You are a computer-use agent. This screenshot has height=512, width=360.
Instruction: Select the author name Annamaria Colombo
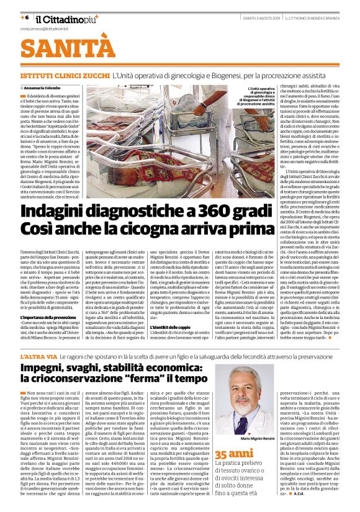tap(49, 89)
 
